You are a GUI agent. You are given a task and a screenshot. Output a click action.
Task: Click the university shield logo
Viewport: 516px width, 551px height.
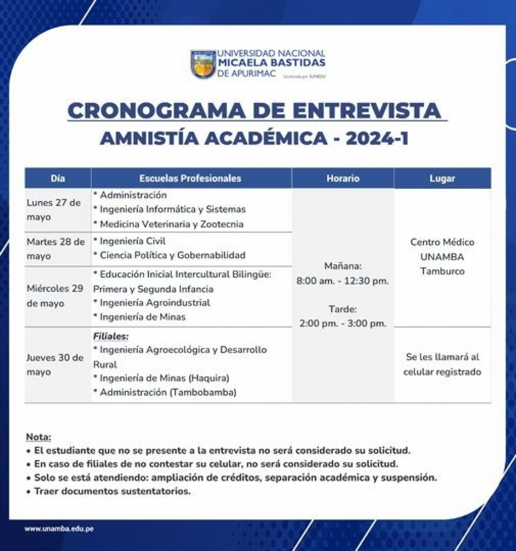pyautogui.click(x=203, y=65)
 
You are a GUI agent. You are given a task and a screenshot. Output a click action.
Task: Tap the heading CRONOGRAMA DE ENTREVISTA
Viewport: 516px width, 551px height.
pyautogui.click(x=256, y=111)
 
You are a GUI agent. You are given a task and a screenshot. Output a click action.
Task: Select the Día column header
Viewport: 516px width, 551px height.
pyautogui.click(x=58, y=179)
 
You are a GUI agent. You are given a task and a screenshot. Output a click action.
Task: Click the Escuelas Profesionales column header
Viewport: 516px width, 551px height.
pyautogui.click(x=190, y=179)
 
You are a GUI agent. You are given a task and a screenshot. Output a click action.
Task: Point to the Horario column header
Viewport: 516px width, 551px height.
pyautogui.click(x=343, y=179)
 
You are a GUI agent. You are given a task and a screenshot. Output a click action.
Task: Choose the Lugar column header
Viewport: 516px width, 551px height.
pyautogui.click(x=442, y=179)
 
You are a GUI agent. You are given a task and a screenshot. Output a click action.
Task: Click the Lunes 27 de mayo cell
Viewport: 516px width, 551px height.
pyautogui.click(x=53, y=210)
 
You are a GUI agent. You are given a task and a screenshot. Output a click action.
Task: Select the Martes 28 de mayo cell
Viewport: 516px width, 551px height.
pyautogui.click(x=55, y=249)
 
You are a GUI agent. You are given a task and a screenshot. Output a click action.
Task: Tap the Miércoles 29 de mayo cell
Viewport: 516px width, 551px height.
pyautogui.click(x=54, y=296)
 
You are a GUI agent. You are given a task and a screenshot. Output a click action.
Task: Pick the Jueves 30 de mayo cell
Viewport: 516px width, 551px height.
pyautogui.click(x=54, y=365)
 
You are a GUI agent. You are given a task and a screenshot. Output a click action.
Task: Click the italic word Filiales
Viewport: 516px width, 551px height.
pyautogui.click(x=111, y=336)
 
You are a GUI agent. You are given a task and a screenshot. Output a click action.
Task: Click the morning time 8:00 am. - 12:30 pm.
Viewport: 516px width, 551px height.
pyautogui.click(x=343, y=281)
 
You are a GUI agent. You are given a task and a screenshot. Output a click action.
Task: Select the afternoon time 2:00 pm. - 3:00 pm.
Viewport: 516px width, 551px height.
pyautogui.click(x=343, y=323)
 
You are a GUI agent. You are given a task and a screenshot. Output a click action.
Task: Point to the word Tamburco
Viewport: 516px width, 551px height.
pyautogui.click(x=442, y=271)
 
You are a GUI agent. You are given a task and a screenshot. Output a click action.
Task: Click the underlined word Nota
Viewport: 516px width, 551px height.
pyautogui.click(x=38, y=437)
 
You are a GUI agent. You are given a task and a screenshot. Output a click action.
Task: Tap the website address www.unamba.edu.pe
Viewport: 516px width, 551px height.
pyautogui.click(x=59, y=529)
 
